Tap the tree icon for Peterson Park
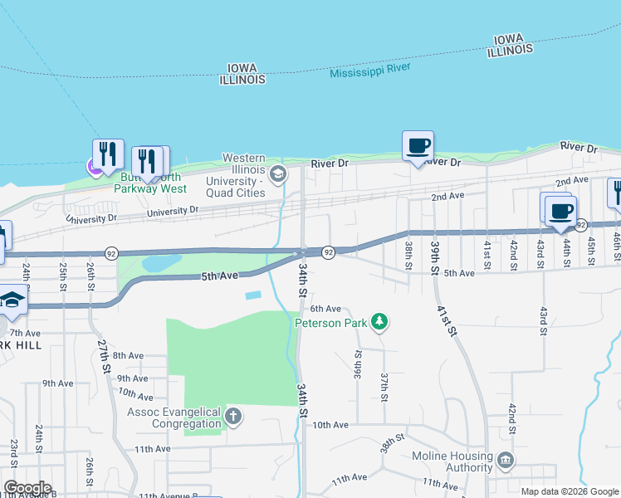pos(379,321)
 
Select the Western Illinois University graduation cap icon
pos(278,173)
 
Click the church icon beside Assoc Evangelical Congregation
pos(233,416)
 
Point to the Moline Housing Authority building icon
pos(505,459)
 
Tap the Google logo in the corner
pos(27,488)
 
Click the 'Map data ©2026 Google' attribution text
pos(570,491)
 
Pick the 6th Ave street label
pos(326,308)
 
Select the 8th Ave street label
pos(129,355)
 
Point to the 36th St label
pos(358,364)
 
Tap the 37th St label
pos(384,387)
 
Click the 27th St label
pos(104,354)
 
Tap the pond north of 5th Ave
pos(161,263)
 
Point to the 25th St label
pos(63,276)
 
